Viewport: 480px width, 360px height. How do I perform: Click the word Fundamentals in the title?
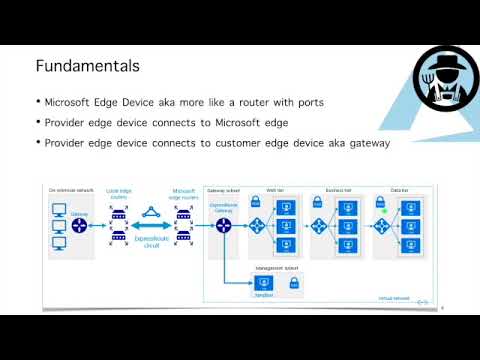[x=87, y=67]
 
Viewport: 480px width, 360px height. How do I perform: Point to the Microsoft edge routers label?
[x=184, y=193]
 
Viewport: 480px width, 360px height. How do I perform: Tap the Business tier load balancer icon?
[x=319, y=226]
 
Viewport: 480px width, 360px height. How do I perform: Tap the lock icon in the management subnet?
[x=294, y=284]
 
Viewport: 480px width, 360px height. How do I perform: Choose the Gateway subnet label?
[x=221, y=189]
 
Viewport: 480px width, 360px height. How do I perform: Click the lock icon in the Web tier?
[x=255, y=202]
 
